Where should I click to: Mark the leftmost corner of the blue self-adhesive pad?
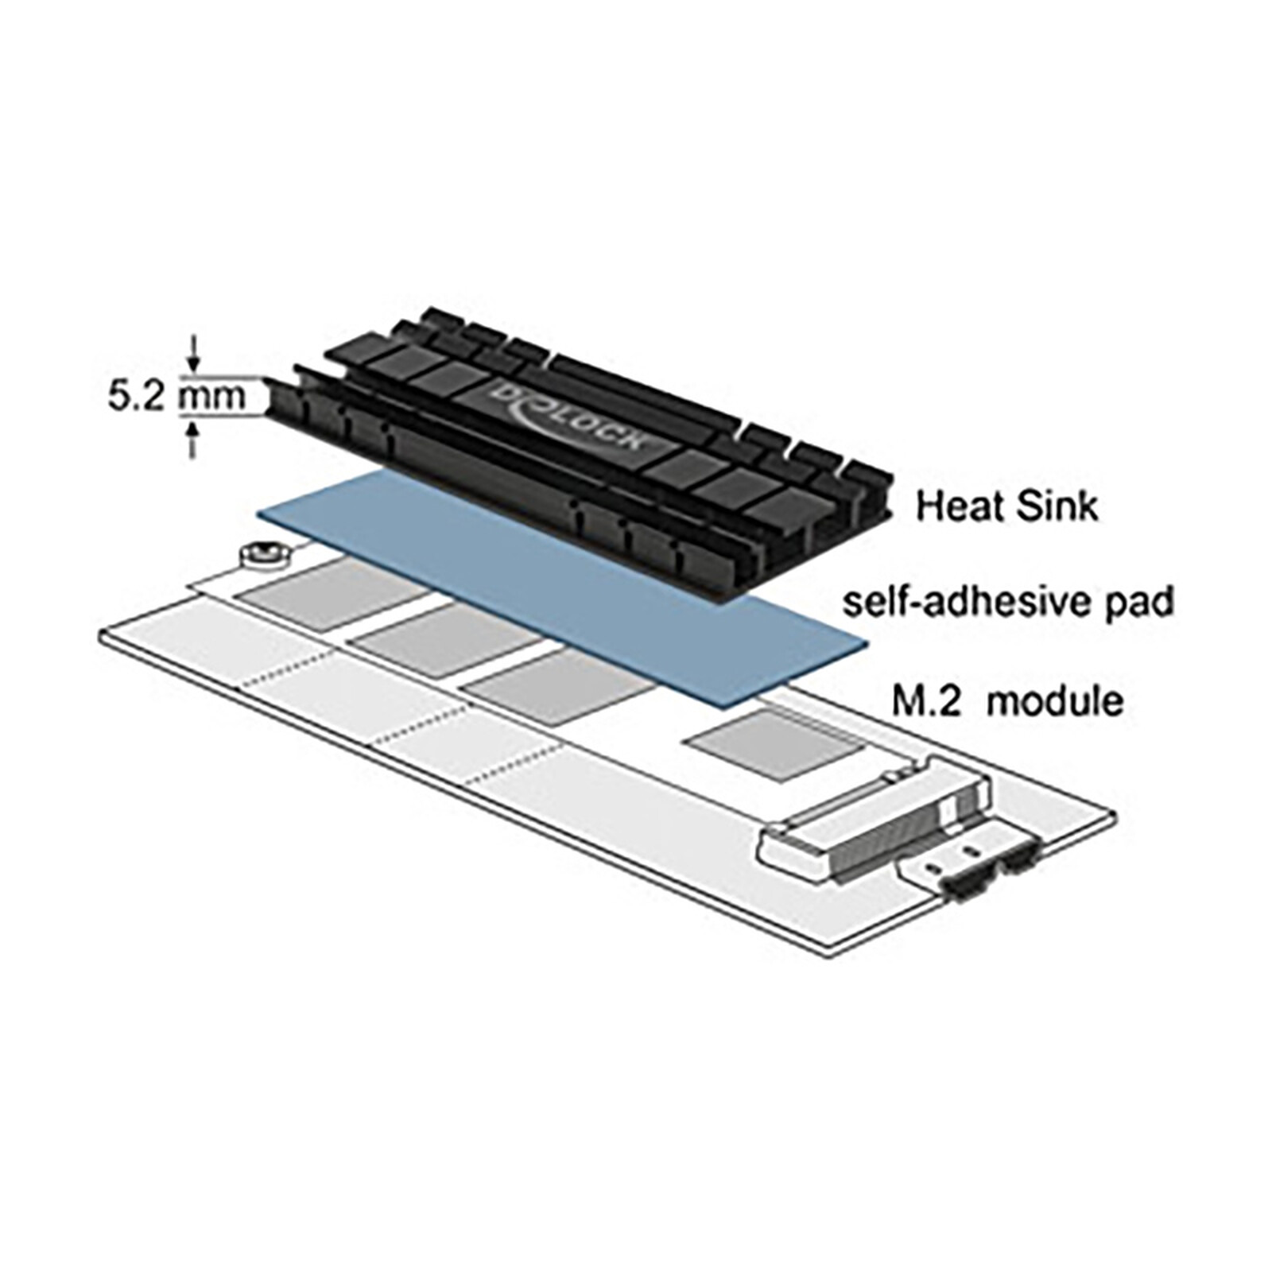(257, 513)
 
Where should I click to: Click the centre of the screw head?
(263, 552)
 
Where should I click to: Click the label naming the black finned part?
(1006, 506)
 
